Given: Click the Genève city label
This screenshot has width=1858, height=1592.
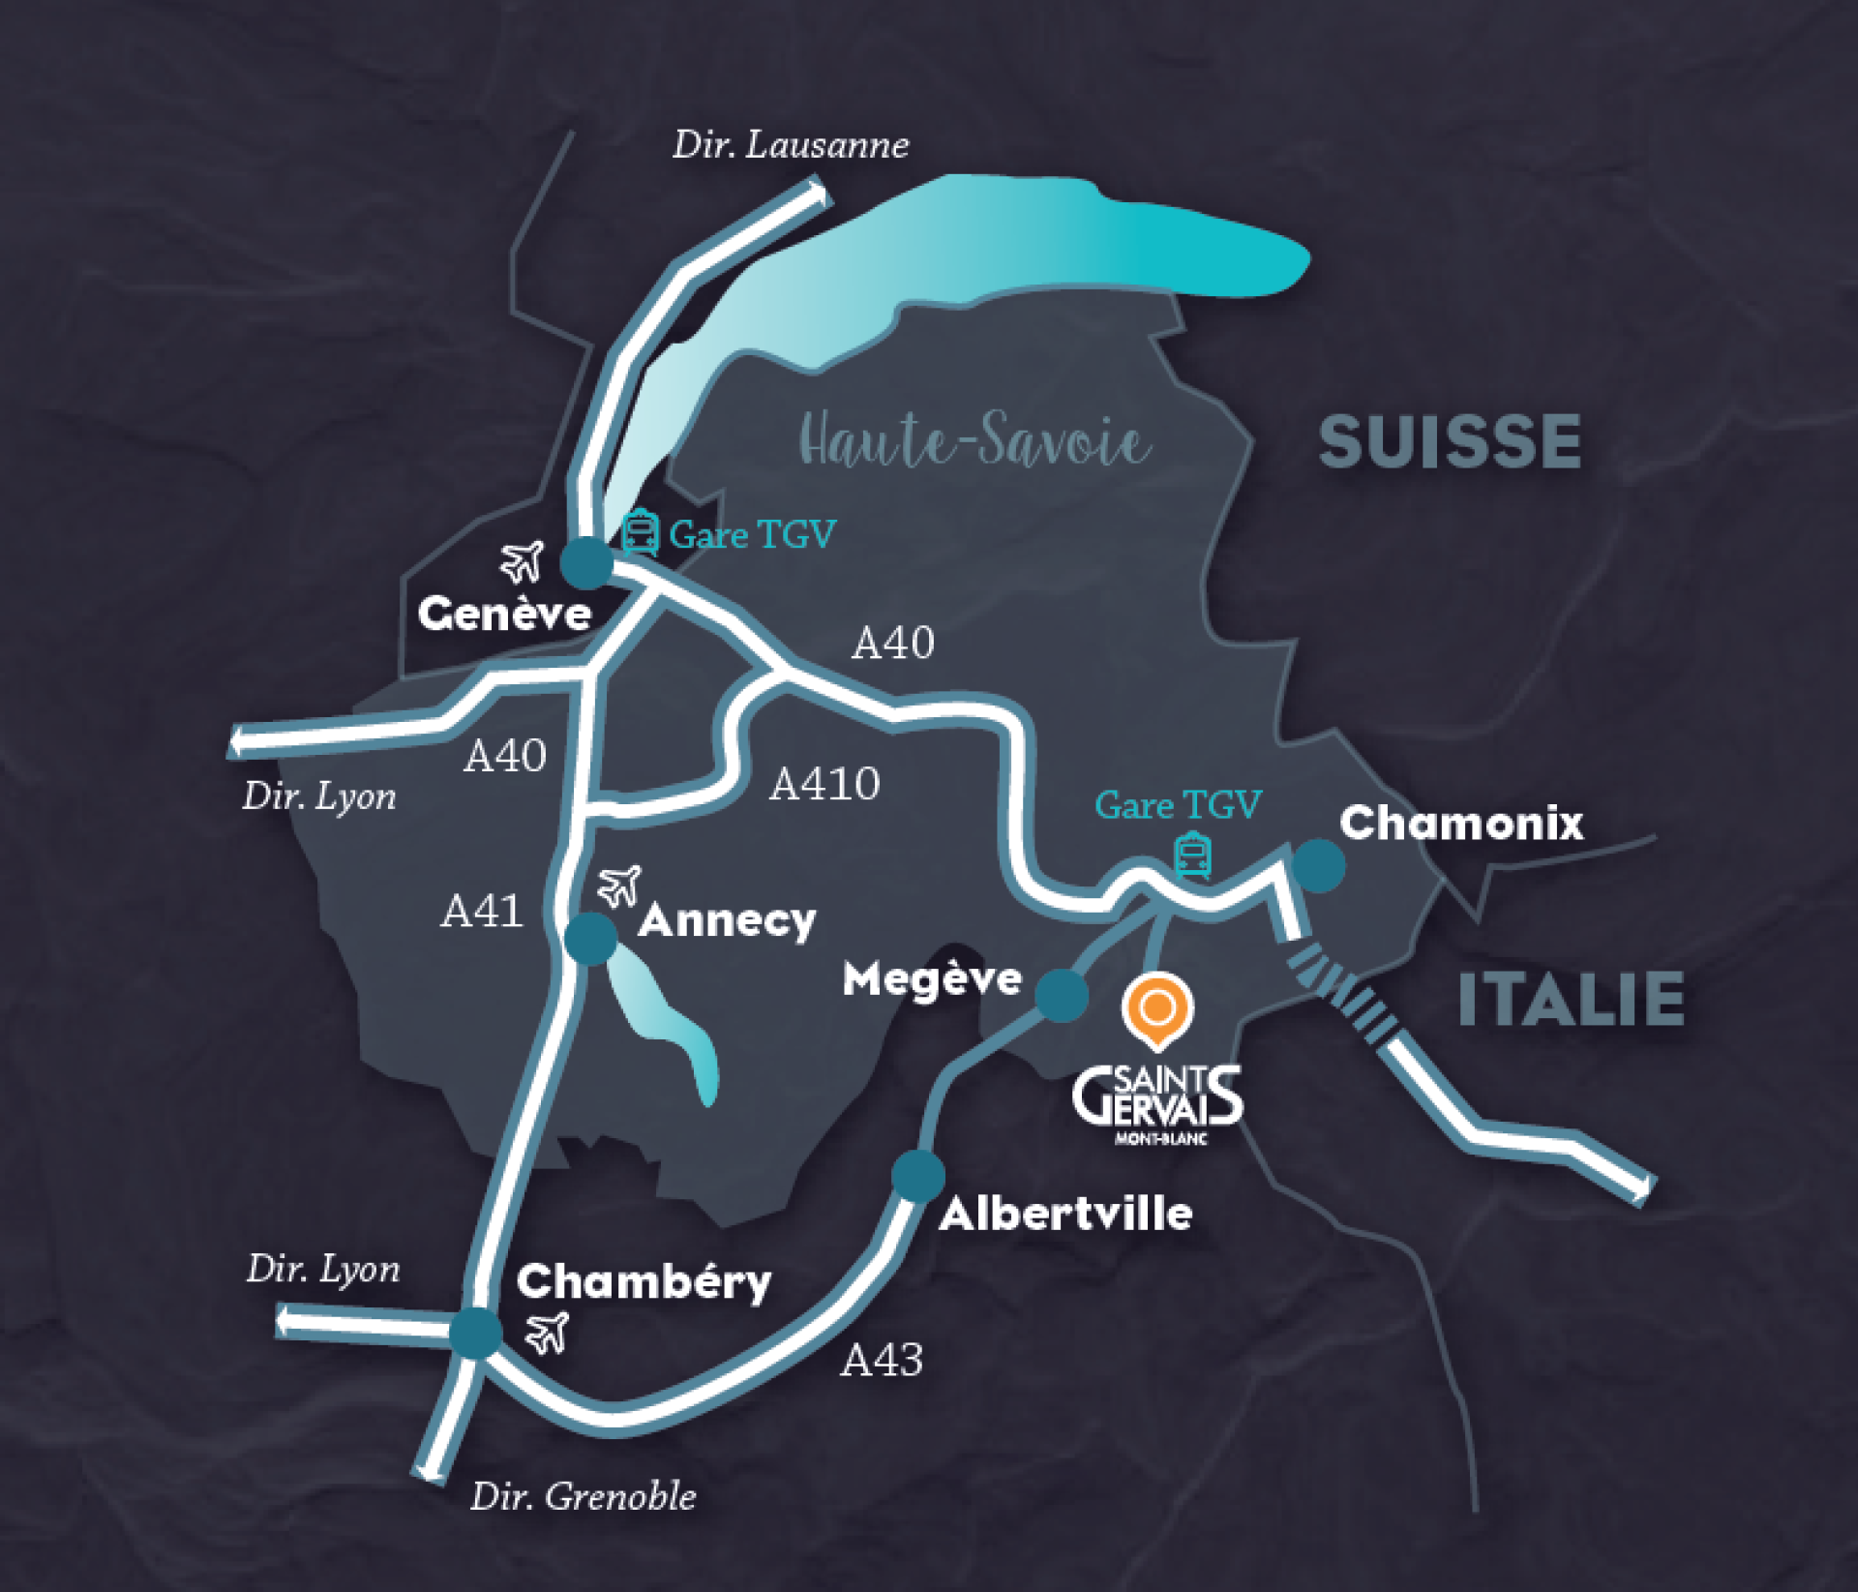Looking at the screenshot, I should pyautogui.click(x=504, y=614).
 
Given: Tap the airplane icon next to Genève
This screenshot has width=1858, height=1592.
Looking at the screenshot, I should pyautogui.click(x=523, y=561).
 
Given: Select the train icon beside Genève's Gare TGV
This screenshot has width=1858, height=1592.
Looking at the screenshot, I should pyautogui.click(x=640, y=532).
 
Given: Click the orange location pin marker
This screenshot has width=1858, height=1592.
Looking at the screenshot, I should pyautogui.click(x=1157, y=1010).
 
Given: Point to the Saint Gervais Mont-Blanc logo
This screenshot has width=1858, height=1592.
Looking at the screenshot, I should pyautogui.click(x=1157, y=1103).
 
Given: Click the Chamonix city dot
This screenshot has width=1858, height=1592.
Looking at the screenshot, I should pyautogui.click(x=1318, y=864).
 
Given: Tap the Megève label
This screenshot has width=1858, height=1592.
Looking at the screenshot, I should pyautogui.click(x=932, y=979).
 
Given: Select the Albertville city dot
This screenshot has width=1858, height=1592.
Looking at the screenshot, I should pyautogui.click(x=917, y=1175).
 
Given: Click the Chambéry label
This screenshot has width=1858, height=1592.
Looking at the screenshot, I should pyautogui.click(x=644, y=1282).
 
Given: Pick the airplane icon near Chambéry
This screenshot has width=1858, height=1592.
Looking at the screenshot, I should pyautogui.click(x=548, y=1333).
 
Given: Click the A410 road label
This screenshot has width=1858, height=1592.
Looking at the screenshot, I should pyautogui.click(x=824, y=784).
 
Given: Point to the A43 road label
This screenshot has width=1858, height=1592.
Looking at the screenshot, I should pyautogui.click(x=882, y=1361).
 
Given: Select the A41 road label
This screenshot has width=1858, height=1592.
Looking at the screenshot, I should pyautogui.click(x=482, y=911).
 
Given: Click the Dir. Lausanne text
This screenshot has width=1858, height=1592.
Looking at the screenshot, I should pyautogui.click(x=791, y=145).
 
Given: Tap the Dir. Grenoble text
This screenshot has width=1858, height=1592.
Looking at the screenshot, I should pyautogui.click(x=583, y=1497).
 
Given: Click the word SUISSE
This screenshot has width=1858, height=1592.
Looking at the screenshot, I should pyautogui.click(x=1450, y=442).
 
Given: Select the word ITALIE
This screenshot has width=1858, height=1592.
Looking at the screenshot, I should pyautogui.click(x=1571, y=1000).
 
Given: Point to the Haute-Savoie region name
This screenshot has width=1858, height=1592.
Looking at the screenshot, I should pyautogui.click(x=975, y=441).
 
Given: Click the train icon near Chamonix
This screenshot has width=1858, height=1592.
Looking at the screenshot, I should pyautogui.click(x=1192, y=856).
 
